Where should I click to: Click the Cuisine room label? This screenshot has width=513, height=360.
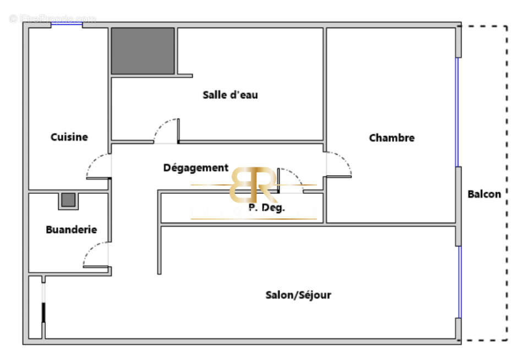pyautogui.click(x=69, y=137)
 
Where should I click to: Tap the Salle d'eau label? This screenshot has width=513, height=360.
pyautogui.click(x=230, y=95)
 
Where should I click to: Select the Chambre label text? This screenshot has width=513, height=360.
pyautogui.click(x=391, y=138)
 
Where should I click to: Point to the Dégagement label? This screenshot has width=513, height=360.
pyautogui.click(x=195, y=167)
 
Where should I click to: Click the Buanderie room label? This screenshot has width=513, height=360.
pyautogui.click(x=71, y=230)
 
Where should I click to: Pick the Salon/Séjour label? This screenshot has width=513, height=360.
pyautogui.click(x=298, y=295)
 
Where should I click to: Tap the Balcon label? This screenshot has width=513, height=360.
pyautogui.click(x=484, y=194)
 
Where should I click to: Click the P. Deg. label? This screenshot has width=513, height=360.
pyautogui.click(x=266, y=208)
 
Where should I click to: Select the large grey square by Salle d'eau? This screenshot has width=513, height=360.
pyautogui.click(x=143, y=51)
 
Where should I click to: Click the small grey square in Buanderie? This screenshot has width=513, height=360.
pyautogui.click(x=68, y=200)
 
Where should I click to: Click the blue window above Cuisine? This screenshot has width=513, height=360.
pyautogui.click(x=67, y=24)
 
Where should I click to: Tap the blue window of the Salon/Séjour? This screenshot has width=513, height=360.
pyautogui.click(x=460, y=281)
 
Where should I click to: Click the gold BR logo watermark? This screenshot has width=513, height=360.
pyautogui.click(x=253, y=185)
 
